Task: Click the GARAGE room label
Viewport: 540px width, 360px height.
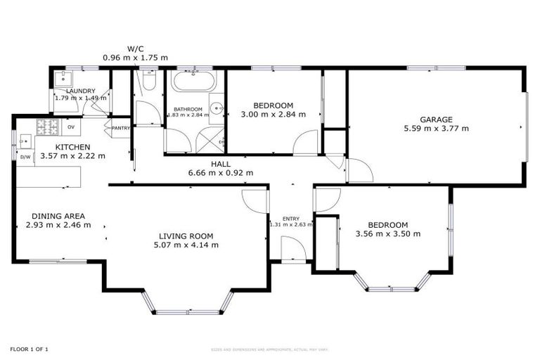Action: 436,119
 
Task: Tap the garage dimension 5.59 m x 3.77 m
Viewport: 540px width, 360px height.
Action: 436,129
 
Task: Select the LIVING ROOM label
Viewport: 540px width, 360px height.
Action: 186,236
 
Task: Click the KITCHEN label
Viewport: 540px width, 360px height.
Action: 72,146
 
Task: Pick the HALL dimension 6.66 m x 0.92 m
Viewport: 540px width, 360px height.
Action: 220,172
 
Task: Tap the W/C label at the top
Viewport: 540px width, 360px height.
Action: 135,49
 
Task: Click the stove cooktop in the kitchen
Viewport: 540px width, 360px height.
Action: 48,127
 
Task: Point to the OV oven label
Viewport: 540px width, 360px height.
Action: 71,127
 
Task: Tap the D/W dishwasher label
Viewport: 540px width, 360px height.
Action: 25,157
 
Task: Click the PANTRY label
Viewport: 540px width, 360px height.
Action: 121,127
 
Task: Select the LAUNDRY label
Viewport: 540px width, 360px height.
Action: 80,91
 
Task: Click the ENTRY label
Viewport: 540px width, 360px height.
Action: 290,218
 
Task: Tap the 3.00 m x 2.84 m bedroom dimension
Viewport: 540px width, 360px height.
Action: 273,114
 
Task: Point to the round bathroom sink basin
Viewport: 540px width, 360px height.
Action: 217,108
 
